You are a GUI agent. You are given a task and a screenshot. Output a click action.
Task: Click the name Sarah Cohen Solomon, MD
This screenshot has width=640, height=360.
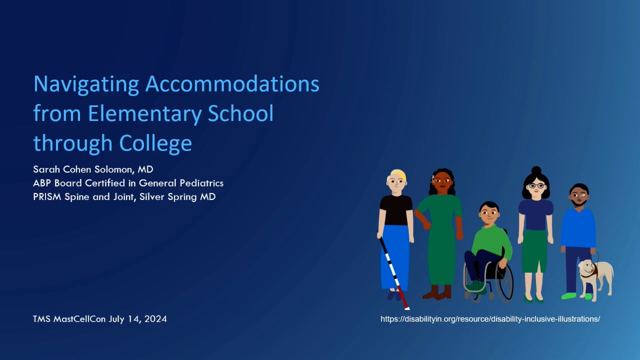click(x=93, y=170)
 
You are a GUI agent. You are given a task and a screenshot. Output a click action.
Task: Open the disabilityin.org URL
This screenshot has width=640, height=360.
click(x=490, y=319)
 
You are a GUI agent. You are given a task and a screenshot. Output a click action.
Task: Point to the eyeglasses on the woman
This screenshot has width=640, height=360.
click(x=535, y=186)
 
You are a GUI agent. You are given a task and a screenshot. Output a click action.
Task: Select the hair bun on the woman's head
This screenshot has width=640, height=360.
click(x=536, y=170)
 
